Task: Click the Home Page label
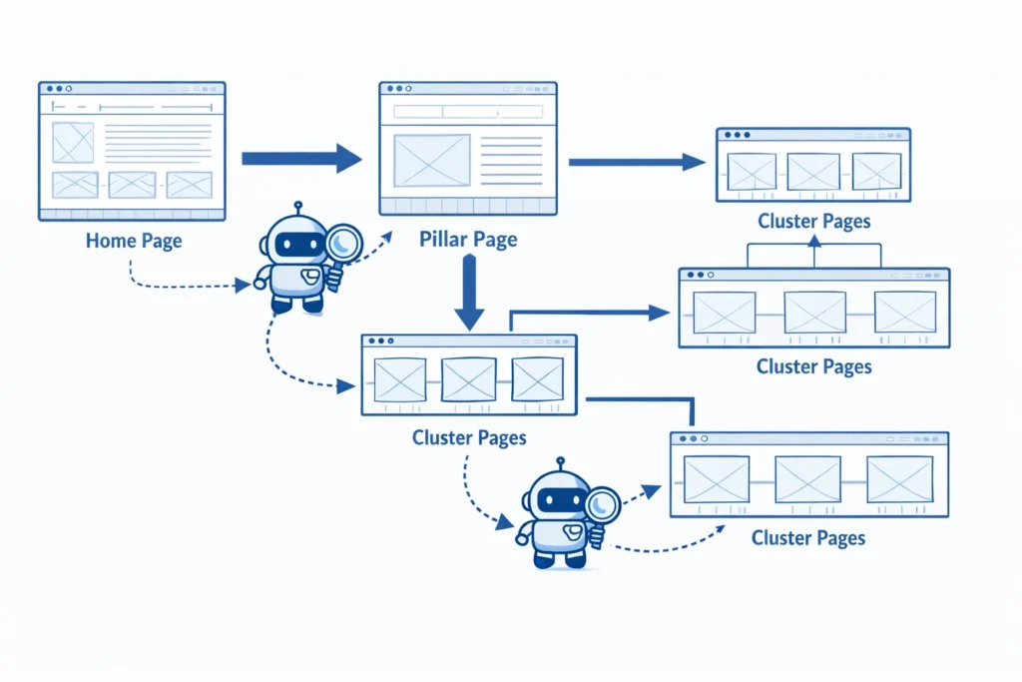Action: tap(134, 241)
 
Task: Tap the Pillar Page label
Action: tap(468, 240)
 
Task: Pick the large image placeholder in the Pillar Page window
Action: tap(432, 160)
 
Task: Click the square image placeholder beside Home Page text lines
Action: tap(73, 143)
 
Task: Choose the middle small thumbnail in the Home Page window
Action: tap(132, 185)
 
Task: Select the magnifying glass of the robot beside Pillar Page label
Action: tap(345, 243)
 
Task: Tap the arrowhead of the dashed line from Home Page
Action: tap(243, 286)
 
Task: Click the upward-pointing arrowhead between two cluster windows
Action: tap(813, 241)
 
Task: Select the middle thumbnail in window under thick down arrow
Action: tap(469, 379)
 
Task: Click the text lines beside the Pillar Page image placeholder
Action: tap(511, 159)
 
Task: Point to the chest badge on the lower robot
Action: tap(573, 530)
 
